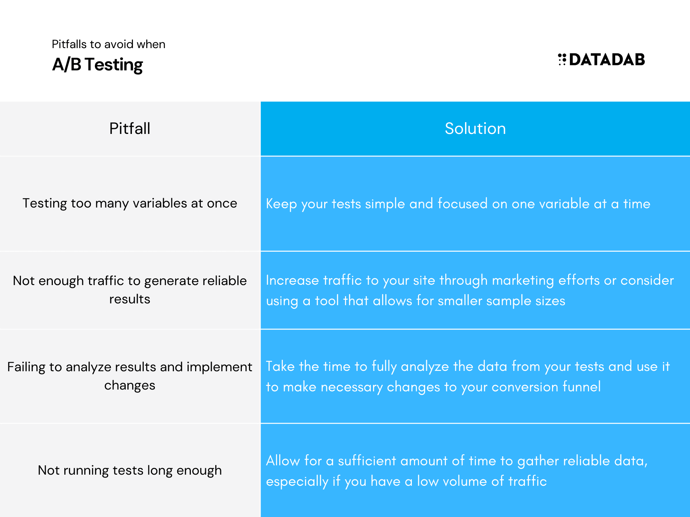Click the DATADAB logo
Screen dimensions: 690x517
(x=601, y=60)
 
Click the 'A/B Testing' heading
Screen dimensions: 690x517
(x=97, y=65)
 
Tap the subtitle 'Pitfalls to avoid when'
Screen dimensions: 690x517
(x=109, y=44)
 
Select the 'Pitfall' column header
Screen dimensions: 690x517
(x=130, y=129)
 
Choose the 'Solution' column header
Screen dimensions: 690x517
(x=475, y=129)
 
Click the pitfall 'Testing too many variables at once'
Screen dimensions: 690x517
(x=130, y=203)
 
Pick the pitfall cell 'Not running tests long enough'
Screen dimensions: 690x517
(x=130, y=470)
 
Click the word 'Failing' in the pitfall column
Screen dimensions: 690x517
(x=26, y=367)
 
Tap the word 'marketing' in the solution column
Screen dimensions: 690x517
(x=523, y=280)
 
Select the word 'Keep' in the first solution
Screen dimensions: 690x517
(x=281, y=204)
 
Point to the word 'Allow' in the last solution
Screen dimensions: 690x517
(x=283, y=461)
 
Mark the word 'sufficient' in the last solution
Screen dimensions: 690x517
(x=367, y=461)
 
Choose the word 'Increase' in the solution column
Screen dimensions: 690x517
(x=292, y=280)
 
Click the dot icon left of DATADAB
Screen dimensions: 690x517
(x=562, y=60)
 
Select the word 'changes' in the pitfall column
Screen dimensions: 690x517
(x=130, y=385)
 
